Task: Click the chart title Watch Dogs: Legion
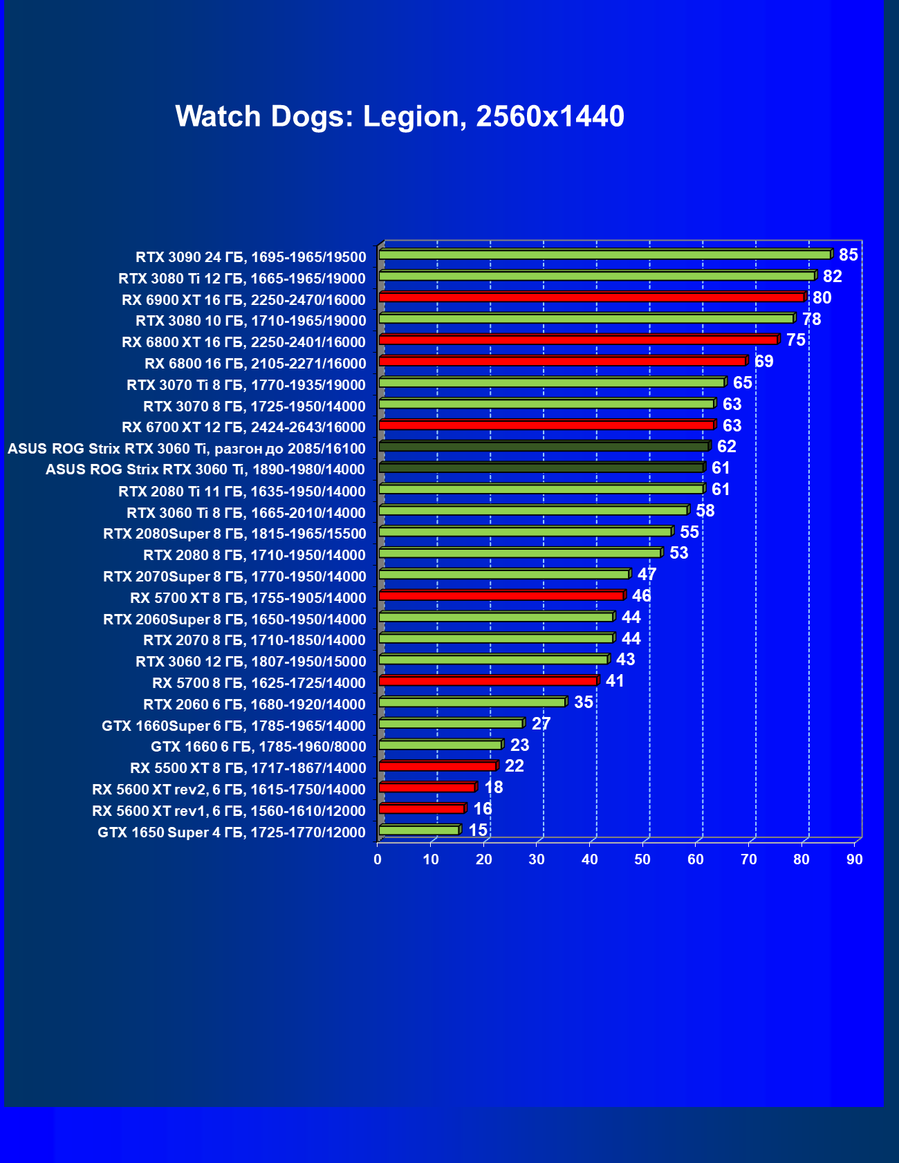pos(400,116)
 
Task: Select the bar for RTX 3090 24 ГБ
pos(604,255)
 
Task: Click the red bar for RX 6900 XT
pos(591,297)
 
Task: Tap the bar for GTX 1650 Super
pos(419,830)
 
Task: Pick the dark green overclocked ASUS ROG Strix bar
pos(544,447)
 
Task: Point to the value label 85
pos(848,255)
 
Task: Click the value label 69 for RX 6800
pos(763,362)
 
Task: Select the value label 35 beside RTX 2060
pos(584,703)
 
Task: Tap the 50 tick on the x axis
pos(642,859)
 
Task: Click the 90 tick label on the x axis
pos(855,859)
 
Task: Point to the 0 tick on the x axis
pos(378,859)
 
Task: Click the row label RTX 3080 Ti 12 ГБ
pos(242,279)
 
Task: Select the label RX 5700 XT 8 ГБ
pos(248,598)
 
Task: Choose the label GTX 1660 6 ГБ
pos(258,747)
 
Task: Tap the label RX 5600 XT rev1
pos(228,811)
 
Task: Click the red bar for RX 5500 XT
pos(438,766)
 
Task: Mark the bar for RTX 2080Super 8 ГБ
pos(525,532)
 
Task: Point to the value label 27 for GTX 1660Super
pos(541,724)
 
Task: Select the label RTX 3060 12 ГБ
pos(250,662)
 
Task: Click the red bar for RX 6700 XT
pos(546,425)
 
